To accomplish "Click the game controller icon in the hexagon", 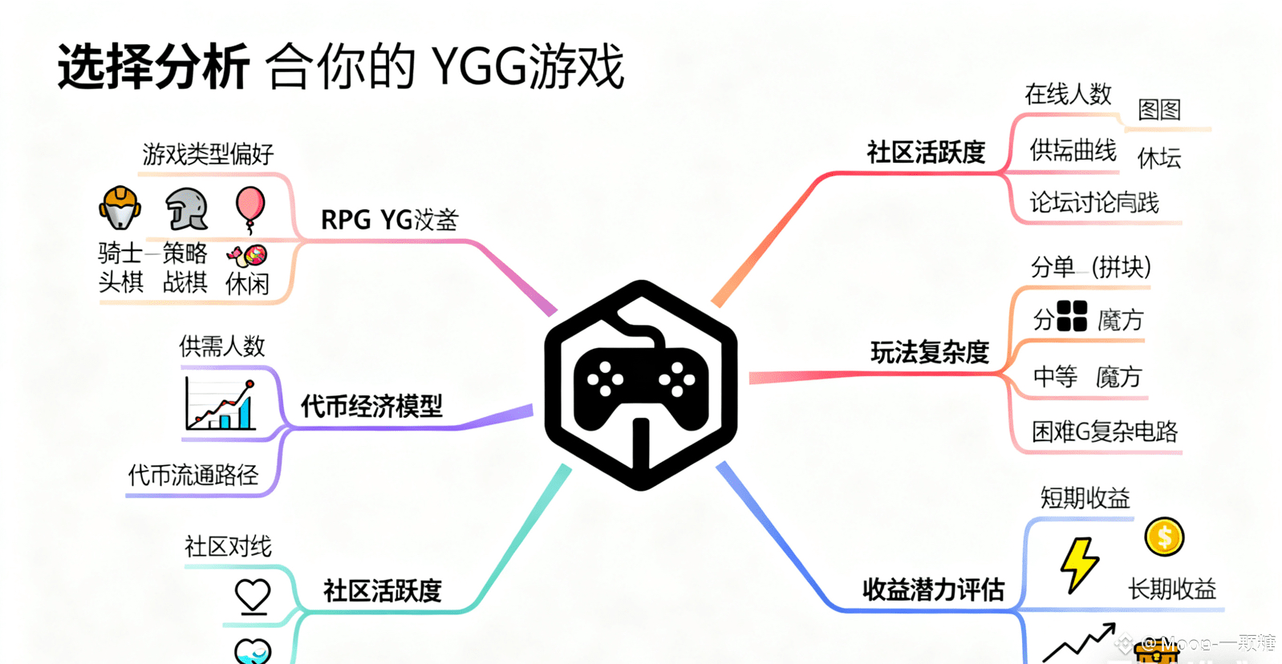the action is coord(641,385).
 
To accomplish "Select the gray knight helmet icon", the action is coord(187,209).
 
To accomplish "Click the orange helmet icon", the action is coord(120,208).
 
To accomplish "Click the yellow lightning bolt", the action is coord(1079,565).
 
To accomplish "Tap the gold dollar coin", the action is coord(1164,537).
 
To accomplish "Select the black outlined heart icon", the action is coord(253,596).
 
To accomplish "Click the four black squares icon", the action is coord(1072,316).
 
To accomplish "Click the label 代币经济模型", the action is coord(371,407).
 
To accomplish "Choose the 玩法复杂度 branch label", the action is coord(930,352).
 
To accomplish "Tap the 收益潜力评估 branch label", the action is coord(933,590).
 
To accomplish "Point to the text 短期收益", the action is coord(1085,498).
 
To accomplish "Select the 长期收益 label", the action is coord(1172,589).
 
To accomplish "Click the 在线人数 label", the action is coord(1068,95).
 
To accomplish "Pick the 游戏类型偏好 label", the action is coord(209,154).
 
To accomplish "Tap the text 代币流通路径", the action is coord(193,476).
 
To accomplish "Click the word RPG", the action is coord(346,220).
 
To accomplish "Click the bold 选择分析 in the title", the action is coord(153,67).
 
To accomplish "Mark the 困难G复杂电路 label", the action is coord(1105,432).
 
